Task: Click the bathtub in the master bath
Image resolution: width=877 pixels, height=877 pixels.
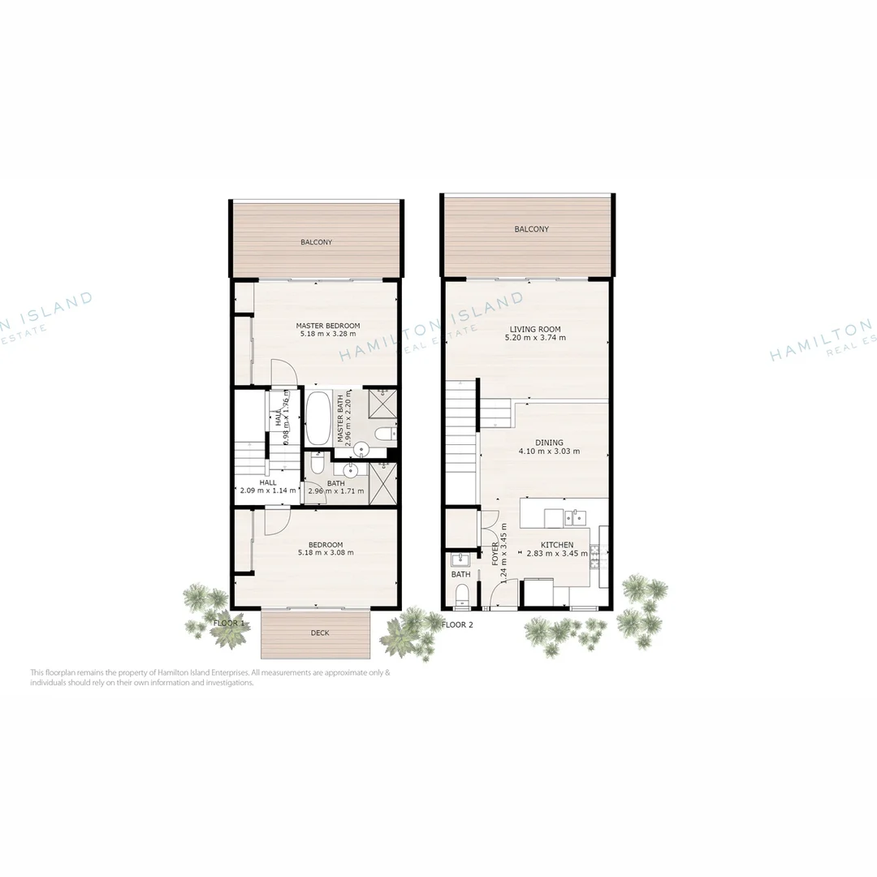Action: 318,417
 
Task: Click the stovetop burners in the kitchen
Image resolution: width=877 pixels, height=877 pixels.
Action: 603,556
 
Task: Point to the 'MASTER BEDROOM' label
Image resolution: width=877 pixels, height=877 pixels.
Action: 327,326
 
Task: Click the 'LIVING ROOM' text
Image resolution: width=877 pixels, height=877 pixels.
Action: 534,329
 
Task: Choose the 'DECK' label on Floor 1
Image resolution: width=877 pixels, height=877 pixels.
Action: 320,633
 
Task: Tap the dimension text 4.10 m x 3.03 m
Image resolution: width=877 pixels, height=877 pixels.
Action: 550,451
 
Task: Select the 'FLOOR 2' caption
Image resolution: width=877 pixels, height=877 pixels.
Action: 457,624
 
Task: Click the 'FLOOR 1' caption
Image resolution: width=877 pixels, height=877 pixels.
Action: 228,623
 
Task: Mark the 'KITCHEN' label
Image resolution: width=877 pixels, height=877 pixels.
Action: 556,545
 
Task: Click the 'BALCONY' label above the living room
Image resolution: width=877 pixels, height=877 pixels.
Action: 531,229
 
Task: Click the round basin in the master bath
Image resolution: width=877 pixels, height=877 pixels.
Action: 362,447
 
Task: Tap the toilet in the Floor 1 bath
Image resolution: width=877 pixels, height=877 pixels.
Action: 318,465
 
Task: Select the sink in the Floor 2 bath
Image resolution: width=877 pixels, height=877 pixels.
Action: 460,559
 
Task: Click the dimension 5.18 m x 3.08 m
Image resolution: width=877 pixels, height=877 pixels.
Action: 326,552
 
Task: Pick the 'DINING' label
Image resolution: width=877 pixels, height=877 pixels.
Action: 549,443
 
